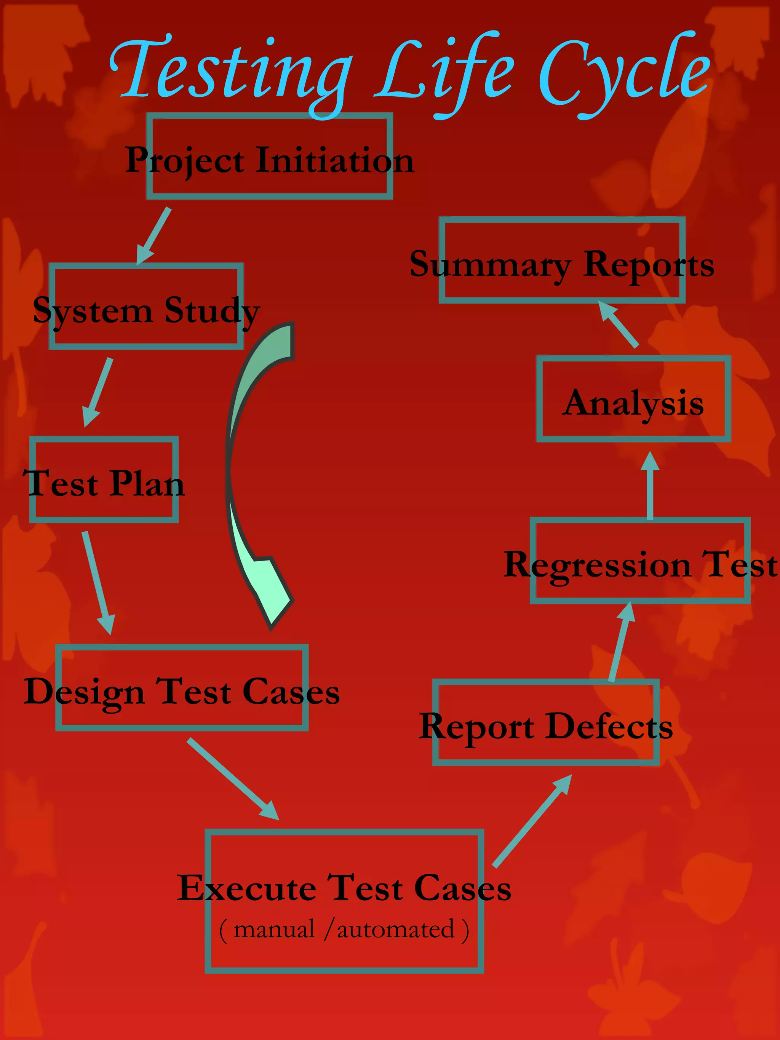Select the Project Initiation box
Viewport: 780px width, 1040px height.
pos(269,157)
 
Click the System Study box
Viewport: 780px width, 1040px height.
pos(146,307)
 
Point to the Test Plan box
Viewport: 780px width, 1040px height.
pos(104,479)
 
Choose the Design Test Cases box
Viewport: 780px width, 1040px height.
pos(182,687)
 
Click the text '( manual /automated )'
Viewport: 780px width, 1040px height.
pos(344,930)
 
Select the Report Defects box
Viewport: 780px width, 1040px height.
pos(546,723)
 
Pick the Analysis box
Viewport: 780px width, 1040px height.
pos(633,399)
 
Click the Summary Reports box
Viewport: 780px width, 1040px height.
pos(562,260)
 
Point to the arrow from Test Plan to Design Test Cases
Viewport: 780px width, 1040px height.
pos(98,583)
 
